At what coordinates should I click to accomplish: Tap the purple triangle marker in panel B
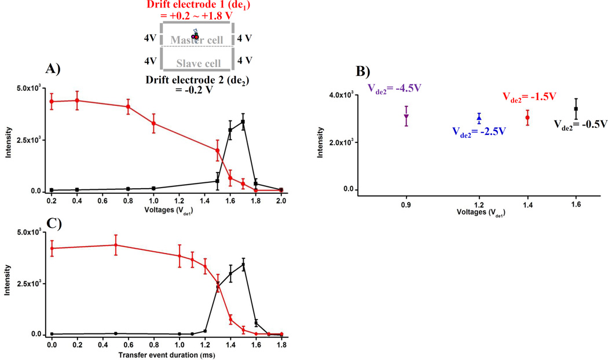(x=406, y=117)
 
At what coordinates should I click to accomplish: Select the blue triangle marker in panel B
(x=479, y=119)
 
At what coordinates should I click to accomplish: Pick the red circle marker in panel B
(x=528, y=118)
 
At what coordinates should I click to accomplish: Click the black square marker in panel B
(x=576, y=109)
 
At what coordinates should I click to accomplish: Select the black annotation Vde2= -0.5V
(x=579, y=124)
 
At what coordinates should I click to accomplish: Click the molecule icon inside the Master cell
(x=195, y=35)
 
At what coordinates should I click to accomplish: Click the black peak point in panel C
(x=243, y=265)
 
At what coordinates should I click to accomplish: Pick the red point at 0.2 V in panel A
(x=52, y=101)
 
